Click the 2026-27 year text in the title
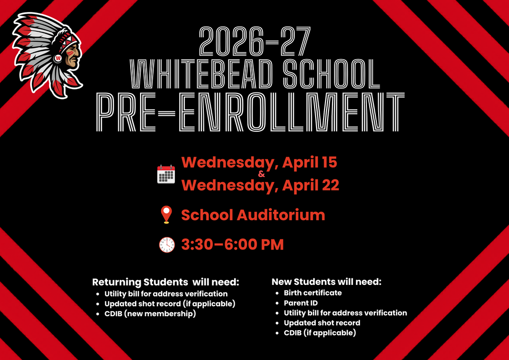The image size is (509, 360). pos(254,41)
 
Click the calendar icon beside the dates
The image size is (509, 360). pos(166,174)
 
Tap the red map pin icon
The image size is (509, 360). pos(166,215)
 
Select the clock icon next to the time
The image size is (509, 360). pos(167,245)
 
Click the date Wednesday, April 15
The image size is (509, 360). pos(259,162)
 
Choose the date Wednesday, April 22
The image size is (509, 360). pos(260,185)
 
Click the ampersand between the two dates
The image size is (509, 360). pos(262,174)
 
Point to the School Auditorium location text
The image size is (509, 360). pos(253,215)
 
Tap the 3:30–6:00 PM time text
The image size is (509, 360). pos(232,245)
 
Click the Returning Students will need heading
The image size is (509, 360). pos(166,282)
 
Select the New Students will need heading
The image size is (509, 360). pos(327,282)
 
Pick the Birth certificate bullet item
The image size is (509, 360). pos(313,293)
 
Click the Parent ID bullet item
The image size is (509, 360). pos(301,303)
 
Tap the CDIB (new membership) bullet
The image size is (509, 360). pos(150,314)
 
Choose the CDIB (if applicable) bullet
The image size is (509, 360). pos(320,333)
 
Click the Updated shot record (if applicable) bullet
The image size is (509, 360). pos(170,303)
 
